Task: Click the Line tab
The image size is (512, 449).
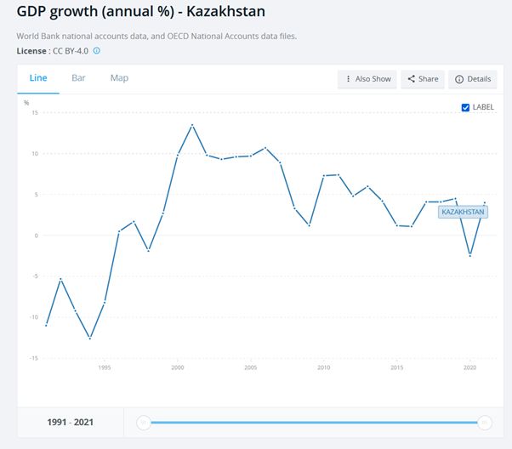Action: [x=38, y=78]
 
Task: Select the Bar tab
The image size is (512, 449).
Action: [x=78, y=78]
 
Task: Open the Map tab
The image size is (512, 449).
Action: [x=119, y=78]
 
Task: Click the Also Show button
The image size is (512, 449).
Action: [x=367, y=79]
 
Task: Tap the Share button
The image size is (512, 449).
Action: [x=423, y=79]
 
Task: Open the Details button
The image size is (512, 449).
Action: [x=473, y=79]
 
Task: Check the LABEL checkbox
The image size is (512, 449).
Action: [x=465, y=107]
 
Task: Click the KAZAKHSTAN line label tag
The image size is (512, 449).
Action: [x=463, y=212]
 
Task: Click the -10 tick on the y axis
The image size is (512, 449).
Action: [x=35, y=317]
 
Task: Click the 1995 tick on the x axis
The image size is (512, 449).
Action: [x=104, y=368]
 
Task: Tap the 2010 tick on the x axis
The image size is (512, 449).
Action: [x=323, y=368]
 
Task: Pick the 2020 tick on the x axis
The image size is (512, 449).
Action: [x=469, y=368]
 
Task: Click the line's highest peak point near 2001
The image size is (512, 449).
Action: [x=192, y=125]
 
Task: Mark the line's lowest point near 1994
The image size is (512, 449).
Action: [x=89, y=338]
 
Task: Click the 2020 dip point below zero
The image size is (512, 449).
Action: [x=469, y=256]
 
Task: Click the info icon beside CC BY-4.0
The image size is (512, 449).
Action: [x=96, y=51]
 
